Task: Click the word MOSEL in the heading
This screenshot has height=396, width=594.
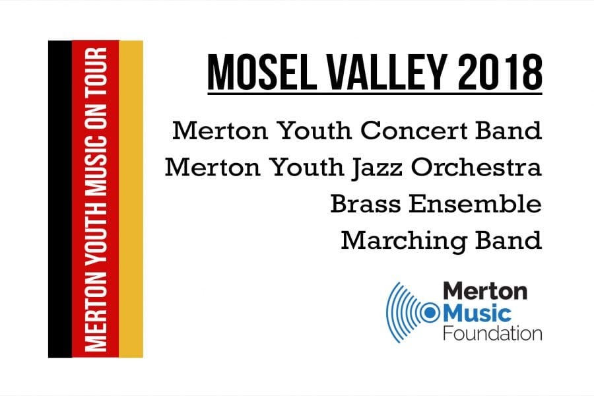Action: point(262,72)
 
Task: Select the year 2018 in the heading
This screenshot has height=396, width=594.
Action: point(500,72)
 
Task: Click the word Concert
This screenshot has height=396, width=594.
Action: point(414,131)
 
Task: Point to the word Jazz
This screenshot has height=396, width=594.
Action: point(377,168)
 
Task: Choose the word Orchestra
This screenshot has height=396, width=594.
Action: point(477,167)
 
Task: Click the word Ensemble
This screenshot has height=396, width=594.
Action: point(475,204)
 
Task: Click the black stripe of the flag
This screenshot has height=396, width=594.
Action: point(60,199)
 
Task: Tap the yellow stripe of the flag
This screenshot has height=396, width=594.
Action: point(131,199)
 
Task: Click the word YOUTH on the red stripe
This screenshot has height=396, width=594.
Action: point(96,232)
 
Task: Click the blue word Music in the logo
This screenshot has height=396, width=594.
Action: point(477,313)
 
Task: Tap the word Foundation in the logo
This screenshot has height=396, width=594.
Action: point(492,333)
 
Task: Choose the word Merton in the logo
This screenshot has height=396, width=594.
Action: point(485,291)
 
